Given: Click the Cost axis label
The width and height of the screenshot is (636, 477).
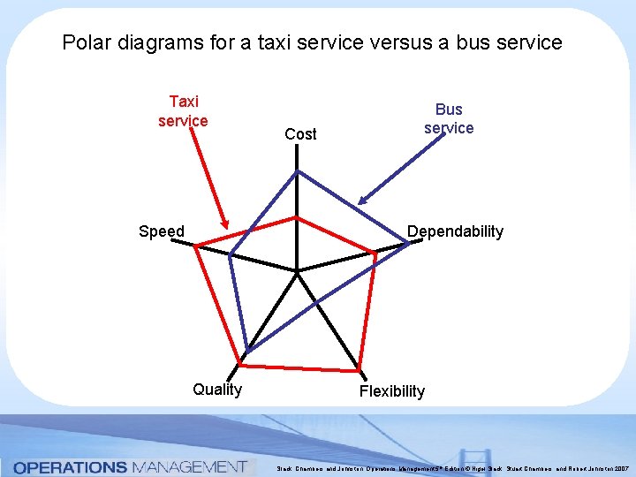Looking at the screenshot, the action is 300,134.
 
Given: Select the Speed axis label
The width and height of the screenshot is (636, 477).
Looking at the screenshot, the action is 162,231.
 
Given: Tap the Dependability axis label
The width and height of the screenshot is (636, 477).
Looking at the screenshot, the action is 455,231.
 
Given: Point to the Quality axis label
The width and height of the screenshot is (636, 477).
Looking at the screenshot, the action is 217,390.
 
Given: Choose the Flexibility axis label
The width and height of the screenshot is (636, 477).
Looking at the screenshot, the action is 391,390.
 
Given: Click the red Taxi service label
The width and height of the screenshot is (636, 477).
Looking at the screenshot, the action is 183,111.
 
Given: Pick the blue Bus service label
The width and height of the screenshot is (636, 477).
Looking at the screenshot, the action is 449,118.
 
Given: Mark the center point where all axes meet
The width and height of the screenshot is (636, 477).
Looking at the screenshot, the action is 297,271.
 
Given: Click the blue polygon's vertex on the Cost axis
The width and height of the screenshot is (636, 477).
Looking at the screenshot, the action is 297,170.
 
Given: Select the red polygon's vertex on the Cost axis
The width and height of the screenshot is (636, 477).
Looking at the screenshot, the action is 297,216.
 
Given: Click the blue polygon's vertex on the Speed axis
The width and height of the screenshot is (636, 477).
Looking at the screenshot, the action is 230,256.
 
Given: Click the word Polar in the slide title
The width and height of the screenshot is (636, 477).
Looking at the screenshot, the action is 85,42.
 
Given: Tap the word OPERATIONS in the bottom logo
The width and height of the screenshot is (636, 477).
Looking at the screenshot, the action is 70,466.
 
